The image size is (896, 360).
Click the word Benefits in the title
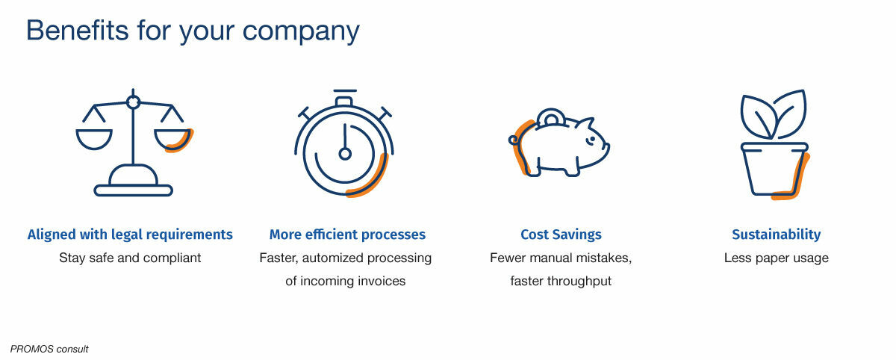[x=77, y=31]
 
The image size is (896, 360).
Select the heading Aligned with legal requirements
[x=130, y=235]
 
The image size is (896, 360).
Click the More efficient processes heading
[x=347, y=235]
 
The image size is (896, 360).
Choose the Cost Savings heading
[x=561, y=235]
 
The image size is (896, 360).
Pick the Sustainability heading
[x=776, y=235]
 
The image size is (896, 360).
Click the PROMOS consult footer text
[x=49, y=350]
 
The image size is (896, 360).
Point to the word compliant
[x=172, y=258]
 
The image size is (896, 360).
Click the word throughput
[x=579, y=282]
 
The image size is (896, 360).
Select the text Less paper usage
[x=776, y=258]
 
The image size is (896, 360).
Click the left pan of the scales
[x=94, y=139]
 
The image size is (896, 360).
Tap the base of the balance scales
[x=133, y=190]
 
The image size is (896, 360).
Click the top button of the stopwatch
[x=344, y=101]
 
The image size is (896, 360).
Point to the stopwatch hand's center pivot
[x=345, y=154]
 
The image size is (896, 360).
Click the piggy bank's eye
[x=591, y=139]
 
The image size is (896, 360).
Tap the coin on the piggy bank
[x=550, y=117]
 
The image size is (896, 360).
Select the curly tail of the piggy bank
[x=514, y=140]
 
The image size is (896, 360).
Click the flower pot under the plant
[x=774, y=170]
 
